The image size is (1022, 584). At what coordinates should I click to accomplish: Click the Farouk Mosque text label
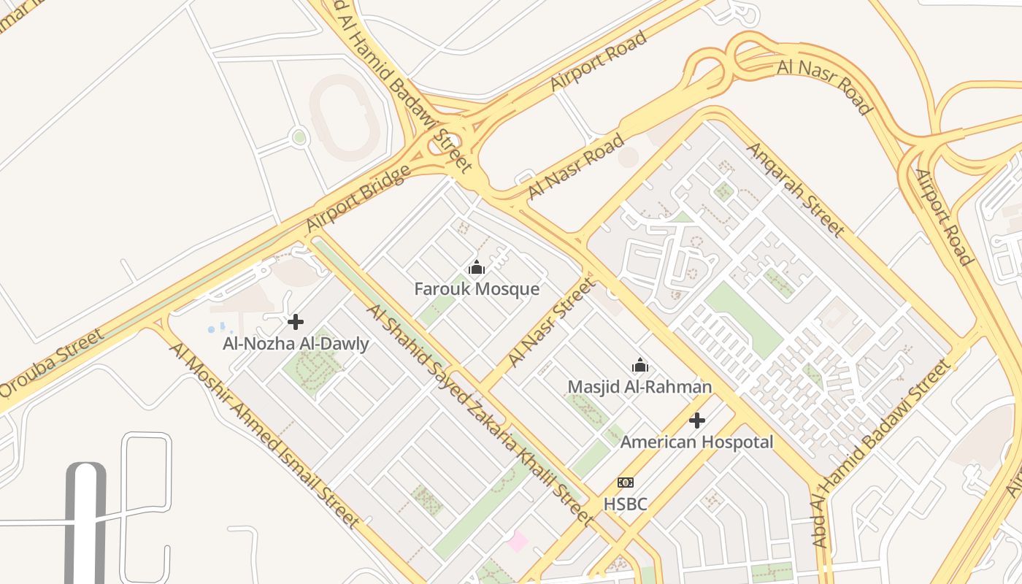coord(477,289)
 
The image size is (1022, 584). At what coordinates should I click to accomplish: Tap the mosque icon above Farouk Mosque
coord(477,269)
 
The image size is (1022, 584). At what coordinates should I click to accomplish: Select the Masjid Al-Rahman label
coord(639,387)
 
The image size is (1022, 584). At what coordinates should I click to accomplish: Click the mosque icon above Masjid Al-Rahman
coord(640,365)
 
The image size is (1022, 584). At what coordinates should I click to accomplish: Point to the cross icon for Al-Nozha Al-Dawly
coord(296,322)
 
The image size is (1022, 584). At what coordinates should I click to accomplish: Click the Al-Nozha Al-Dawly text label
coord(296,344)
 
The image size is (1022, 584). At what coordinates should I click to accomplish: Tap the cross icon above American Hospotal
coord(697,420)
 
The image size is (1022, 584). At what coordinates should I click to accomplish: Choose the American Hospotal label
coord(696,442)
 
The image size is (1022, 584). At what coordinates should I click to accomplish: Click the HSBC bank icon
coord(626,483)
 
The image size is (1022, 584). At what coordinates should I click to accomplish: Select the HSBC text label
coord(626,504)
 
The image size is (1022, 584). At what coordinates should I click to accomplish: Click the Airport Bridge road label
coord(358,199)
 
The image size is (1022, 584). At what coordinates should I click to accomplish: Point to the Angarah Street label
coord(795,189)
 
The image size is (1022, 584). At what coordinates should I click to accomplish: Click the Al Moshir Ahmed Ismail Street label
coord(264,434)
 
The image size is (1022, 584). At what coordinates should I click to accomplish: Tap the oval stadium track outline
coord(343,117)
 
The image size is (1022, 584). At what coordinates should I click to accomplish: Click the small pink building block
coord(518,542)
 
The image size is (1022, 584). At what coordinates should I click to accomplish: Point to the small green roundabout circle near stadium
coord(299,137)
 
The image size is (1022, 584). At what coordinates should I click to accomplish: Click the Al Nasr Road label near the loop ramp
coord(824,87)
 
